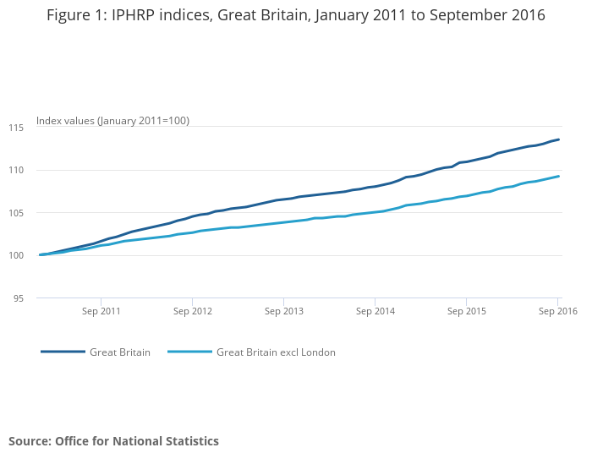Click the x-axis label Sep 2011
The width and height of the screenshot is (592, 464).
point(101,311)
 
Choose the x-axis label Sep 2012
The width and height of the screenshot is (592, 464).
point(192,311)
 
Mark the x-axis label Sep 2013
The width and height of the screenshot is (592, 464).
point(283,311)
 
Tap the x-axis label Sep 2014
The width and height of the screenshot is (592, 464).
point(375,311)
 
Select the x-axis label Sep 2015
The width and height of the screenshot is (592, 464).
point(467,311)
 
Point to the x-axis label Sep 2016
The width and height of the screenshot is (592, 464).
point(557,311)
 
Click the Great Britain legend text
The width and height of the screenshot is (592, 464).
point(120,352)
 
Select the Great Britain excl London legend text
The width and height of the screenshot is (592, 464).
point(276,352)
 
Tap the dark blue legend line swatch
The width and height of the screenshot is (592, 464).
point(63,352)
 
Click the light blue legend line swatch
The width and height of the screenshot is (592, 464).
point(189,352)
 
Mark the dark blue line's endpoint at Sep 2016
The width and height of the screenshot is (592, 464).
point(559,139)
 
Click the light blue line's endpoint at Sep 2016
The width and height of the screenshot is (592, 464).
point(559,176)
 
